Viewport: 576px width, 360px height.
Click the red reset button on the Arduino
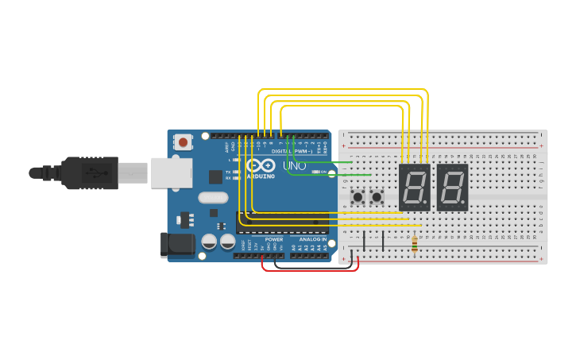184,143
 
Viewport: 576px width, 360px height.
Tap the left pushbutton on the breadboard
358,195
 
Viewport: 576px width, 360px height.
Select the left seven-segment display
414,188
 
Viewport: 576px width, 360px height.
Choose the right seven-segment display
452,188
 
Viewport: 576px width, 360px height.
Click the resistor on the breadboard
414,242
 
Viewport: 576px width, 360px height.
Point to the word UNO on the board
294,166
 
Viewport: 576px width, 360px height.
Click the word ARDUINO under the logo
261,176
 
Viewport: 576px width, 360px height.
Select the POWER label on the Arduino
273,238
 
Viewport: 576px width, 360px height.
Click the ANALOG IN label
313,238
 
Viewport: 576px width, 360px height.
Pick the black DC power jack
176,245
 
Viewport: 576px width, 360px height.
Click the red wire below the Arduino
310,269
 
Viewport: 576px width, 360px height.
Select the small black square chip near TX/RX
215,176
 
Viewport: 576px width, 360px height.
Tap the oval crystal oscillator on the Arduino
213,198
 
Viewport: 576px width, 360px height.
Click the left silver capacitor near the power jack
209,241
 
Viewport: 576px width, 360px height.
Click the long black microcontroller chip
282,223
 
